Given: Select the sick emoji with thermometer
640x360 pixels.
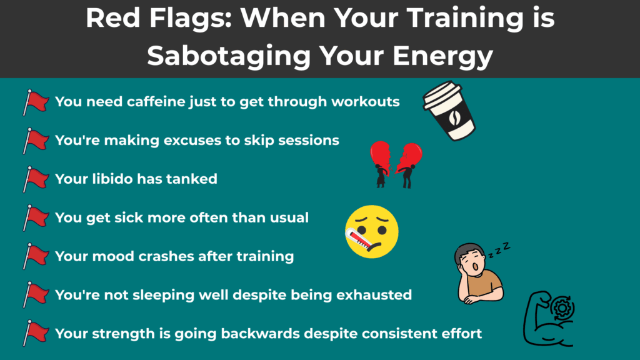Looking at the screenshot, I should [x=372, y=231].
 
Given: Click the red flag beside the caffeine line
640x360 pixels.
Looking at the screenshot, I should [x=35, y=102].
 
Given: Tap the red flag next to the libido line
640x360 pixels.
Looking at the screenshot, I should [x=35, y=179].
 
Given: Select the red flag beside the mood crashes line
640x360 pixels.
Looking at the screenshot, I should [x=35, y=256].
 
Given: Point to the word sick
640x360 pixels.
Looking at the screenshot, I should [x=134, y=217].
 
